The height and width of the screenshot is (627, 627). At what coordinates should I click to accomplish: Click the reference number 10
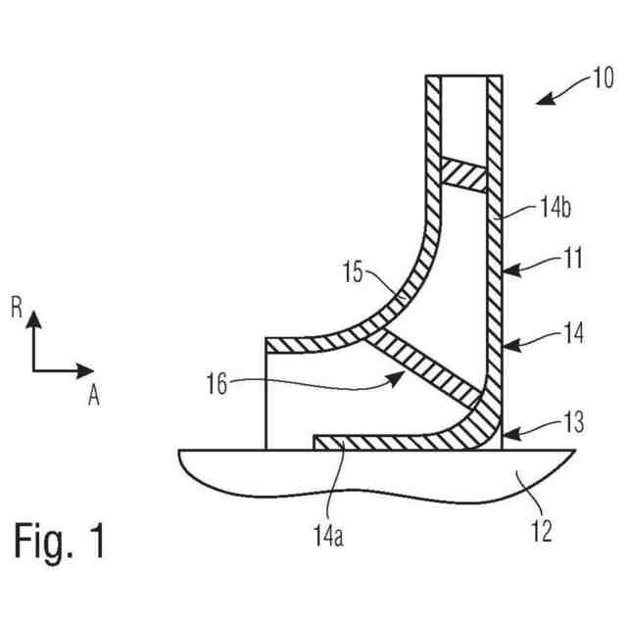[601, 77]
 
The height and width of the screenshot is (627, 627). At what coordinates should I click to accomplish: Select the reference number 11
[573, 260]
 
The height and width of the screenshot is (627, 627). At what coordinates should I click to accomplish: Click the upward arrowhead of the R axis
[34, 318]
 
